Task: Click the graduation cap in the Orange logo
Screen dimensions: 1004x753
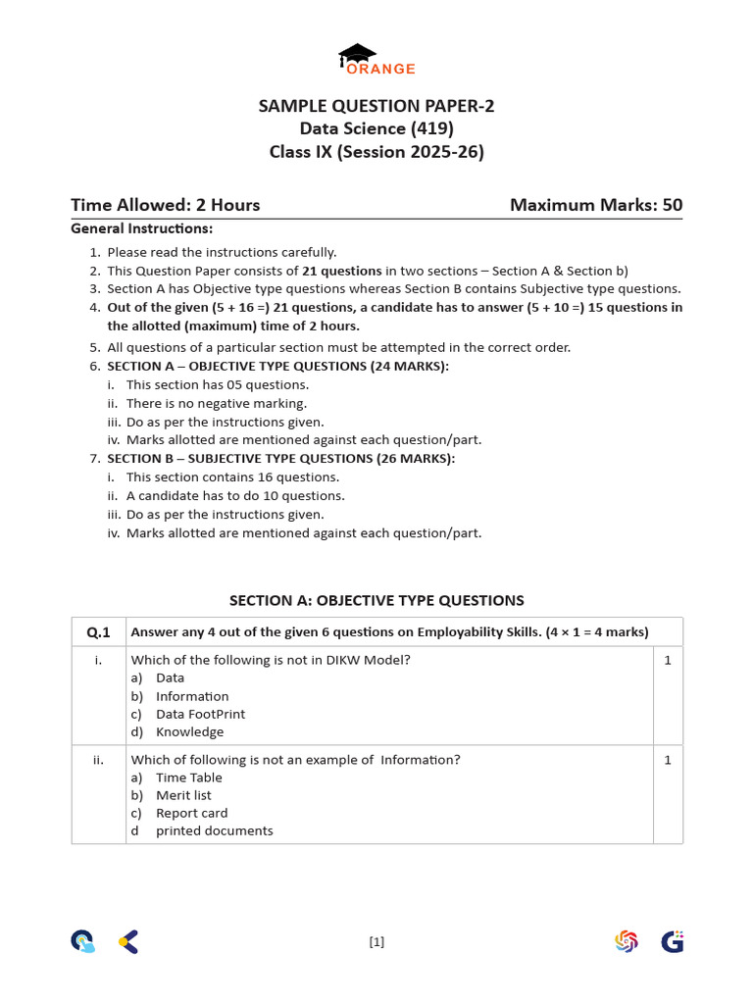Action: (357, 54)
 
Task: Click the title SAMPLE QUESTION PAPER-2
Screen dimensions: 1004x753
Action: (376, 106)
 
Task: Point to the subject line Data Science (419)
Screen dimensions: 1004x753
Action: (376, 128)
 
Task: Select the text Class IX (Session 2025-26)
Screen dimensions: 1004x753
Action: (376, 152)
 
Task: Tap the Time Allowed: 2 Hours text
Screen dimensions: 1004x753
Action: (166, 205)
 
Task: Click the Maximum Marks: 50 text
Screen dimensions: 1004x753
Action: (596, 205)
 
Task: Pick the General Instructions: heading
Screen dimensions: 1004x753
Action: (141, 228)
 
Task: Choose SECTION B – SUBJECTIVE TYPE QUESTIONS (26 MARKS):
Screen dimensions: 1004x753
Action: (280, 458)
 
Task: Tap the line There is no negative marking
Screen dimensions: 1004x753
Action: (216, 403)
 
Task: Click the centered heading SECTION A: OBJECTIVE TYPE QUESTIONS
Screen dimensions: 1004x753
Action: (376, 600)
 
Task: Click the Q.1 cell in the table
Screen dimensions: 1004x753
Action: (99, 632)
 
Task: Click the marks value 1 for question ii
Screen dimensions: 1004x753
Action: (668, 759)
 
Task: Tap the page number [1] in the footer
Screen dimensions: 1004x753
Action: (376, 942)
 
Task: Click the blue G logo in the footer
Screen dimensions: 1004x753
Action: (672, 942)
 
